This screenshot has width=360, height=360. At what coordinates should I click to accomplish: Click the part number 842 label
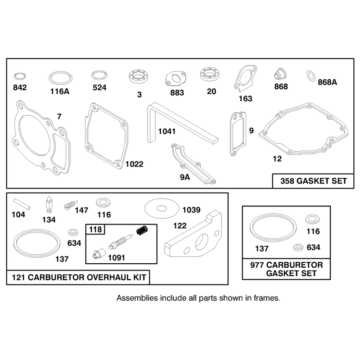pyautogui.click(x=20, y=87)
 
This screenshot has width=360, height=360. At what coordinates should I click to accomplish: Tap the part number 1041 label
pyautogui.click(x=166, y=131)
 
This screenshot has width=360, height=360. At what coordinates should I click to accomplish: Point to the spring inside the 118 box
pyautogui.click(x=142, y=230)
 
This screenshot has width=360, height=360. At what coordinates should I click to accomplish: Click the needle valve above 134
pyautogui.click(x=49, y=204)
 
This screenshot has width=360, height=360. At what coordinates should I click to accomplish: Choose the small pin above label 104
pyautogui.click(x=22, y=204)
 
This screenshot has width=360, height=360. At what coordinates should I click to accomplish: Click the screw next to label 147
pyautogui.click(x=71, y=205)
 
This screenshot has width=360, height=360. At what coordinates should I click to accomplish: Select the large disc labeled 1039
pyautogui.click(x=162, y=208)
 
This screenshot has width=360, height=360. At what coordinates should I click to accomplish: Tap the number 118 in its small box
pyautogui.click(x=95, y=229)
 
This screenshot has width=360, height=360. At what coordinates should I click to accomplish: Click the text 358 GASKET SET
pyautogui.click(x=313, y=181)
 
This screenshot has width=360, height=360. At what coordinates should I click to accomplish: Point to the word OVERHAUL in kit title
pyautogui.click(x=109, y=277)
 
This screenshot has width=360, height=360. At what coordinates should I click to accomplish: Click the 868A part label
pyautogui.click(x=328, y=82)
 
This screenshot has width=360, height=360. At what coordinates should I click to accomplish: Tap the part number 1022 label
pyautogui.click(x=134, y=164)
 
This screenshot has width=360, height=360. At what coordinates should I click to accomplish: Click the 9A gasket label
pyautogui.click(x=185, y=177)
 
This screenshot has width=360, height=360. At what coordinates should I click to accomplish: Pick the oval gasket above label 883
pyautogui.click(x=175, y=78)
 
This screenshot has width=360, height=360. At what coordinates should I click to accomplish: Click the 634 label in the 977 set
pyautogui.click(x=313, y=247)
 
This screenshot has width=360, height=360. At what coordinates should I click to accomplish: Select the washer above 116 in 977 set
pyautogui.click(x=312, y=219)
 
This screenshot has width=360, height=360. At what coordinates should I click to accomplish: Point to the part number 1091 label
pyautogui.click(x=117, y=257)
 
